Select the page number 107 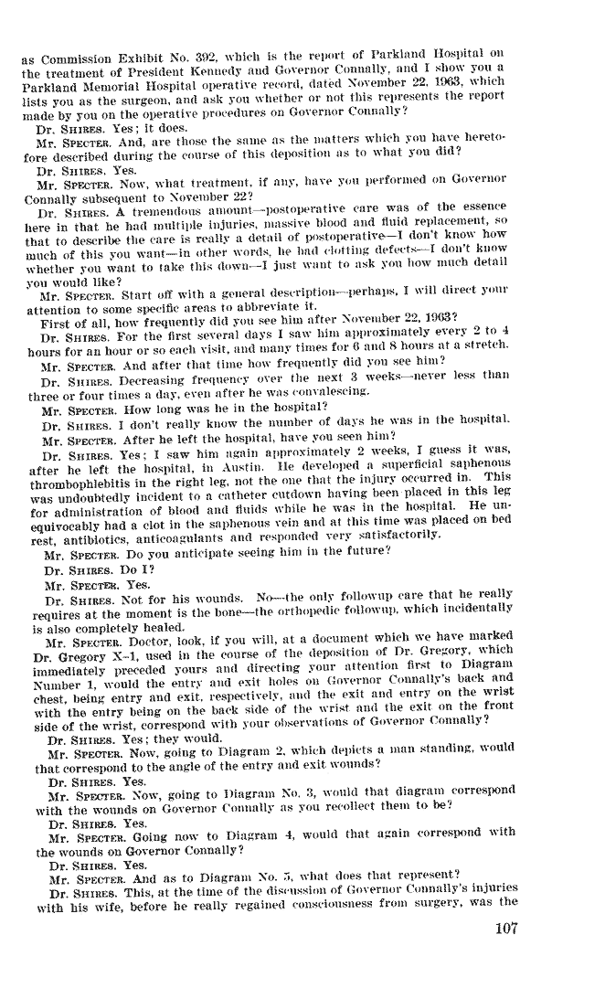(502, 930)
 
